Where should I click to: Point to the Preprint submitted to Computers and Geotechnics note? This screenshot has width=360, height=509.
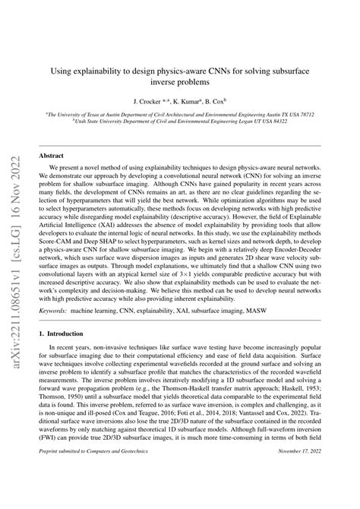88,495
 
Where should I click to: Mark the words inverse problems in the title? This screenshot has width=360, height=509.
179,80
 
